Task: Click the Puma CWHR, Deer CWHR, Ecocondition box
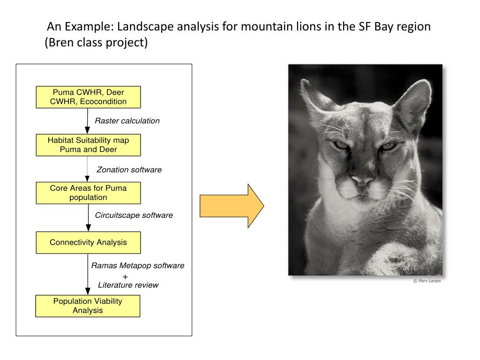coord(88,97)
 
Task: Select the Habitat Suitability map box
coord(88,145)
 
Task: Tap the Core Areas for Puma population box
coord(88,193)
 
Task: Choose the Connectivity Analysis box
coord(88,242)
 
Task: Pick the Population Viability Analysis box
coord(88,306)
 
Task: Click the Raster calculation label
coord(127,121)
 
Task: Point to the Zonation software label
coord(129,170)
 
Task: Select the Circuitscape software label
coord(134,215)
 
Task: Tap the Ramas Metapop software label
coord(138,265)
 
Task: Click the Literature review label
coord(128,285)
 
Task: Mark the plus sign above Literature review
coord(125,276)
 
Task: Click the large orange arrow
coord(232,206)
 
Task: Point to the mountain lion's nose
coord(362,180)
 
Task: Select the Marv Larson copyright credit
coord(427,281)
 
